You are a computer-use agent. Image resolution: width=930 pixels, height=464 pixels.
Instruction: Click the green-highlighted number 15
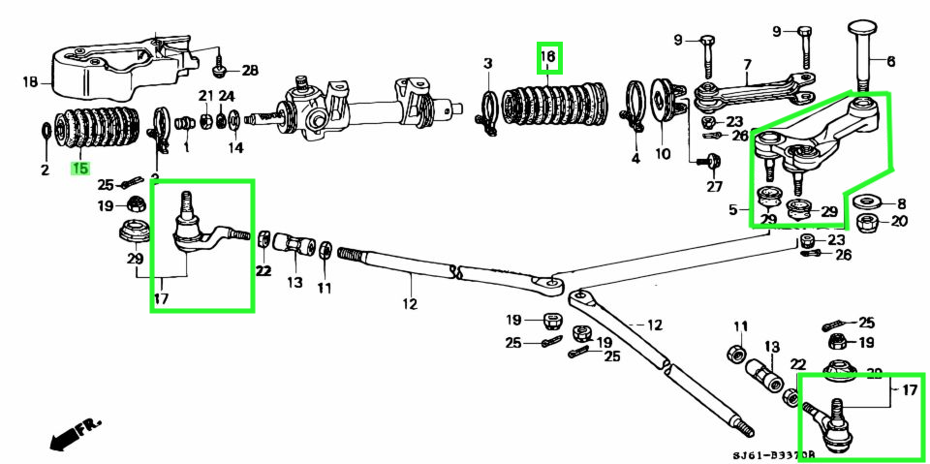[78, 169]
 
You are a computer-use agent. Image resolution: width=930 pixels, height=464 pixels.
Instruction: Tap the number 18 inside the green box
[548, 58]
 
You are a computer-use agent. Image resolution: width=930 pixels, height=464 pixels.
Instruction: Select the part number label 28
[250, 71]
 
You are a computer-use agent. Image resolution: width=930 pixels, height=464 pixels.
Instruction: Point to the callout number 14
[235, 148]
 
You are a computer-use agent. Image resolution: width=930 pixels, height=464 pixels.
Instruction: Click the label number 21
[205, 96]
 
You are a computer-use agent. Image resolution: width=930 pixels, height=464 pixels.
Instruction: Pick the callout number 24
[227, 96]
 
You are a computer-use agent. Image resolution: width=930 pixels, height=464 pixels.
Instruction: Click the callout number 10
[663, 153]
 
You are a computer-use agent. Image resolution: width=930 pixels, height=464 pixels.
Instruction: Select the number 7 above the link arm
[747, 66]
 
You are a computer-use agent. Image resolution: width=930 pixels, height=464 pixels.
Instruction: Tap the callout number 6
[890, 61]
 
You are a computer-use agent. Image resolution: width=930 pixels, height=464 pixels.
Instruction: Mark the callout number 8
[900, 203]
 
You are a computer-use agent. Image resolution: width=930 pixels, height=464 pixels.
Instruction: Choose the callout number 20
[899, 221]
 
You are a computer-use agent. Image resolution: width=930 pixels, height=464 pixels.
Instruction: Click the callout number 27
[714, 187]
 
